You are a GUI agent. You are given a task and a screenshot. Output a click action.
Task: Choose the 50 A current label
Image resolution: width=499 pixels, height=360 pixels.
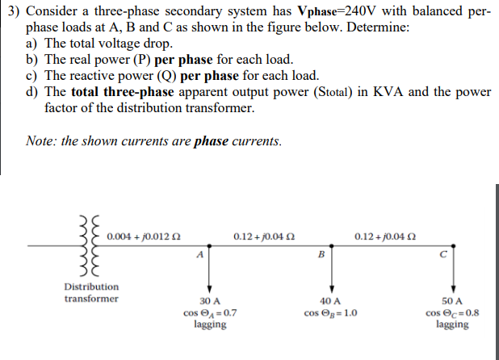[451, 299]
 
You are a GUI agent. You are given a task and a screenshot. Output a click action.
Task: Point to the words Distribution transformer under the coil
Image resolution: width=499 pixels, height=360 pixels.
[91, 292]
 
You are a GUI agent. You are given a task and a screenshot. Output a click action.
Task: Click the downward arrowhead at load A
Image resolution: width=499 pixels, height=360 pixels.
[210, 287]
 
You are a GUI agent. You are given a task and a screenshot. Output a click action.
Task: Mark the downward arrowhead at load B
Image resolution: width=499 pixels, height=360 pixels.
[330, 287]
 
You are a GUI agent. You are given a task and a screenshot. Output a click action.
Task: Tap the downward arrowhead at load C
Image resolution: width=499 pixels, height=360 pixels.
[452, 287]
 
